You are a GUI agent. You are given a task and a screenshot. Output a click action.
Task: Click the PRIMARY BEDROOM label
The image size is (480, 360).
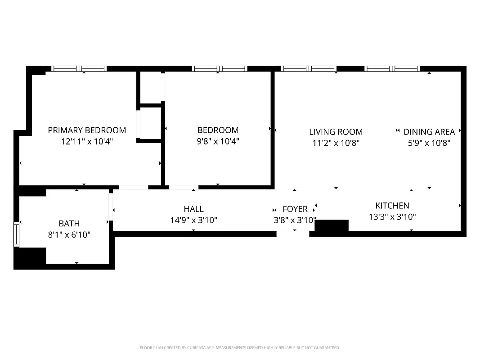(x=87, y=130)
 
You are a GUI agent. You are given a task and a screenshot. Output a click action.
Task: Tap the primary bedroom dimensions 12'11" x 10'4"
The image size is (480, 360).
(x=87, y=141)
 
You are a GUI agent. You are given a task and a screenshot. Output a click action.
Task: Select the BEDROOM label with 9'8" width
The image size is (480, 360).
(x=218, y=130)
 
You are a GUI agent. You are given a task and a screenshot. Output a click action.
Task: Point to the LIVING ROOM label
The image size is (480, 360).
(x=336, y=132)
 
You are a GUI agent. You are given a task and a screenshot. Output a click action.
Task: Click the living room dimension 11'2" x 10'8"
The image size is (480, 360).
(x=336, y=143)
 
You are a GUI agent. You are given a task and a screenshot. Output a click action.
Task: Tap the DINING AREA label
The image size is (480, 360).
(x=429, y=132)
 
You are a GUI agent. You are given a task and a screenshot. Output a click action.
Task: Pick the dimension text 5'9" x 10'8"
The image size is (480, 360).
(x=429, y=143)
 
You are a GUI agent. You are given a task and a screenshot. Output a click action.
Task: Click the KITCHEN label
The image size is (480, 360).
(x=392, y=206)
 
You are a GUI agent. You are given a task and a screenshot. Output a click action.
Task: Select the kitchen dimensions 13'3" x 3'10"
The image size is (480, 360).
(x=392, y=217)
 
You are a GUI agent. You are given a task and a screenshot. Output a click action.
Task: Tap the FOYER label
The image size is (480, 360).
(x=295, y=209)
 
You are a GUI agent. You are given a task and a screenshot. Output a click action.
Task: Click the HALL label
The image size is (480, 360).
(x=193, y=209)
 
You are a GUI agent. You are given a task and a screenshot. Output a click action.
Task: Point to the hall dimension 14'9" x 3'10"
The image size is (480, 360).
(x=193, y=220)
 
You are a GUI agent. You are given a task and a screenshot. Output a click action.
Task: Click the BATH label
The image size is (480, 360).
(x=69, y=223)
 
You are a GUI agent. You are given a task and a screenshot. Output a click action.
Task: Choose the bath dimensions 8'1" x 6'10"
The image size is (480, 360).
(x=69, y=234)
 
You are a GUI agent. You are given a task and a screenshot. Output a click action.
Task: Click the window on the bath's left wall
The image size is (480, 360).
(x=17, y=234)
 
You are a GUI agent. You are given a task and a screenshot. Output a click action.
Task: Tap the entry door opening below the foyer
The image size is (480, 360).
(x=292, y=234)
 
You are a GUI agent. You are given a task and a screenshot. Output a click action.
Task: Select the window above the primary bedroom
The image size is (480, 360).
(x=79, y=69)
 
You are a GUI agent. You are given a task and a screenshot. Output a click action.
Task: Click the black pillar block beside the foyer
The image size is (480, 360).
(x=332, y=225)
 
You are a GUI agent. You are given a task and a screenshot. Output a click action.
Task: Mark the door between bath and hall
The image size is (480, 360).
(x=110, y=209)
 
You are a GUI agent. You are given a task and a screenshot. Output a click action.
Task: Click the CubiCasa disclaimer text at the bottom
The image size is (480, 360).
(x=240, y=348)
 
